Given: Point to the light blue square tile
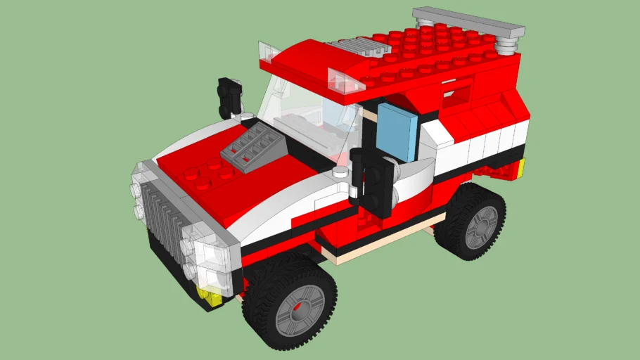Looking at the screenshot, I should tap(399, 131).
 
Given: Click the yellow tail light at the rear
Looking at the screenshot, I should tap(521, 168).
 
